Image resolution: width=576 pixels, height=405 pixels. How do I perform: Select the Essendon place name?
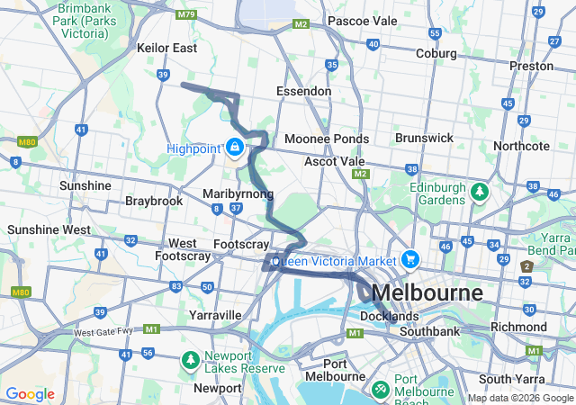pos(303,91)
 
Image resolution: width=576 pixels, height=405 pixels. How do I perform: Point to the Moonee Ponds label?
pos(326,139)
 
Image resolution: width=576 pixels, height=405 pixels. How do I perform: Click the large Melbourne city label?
pos(426,293)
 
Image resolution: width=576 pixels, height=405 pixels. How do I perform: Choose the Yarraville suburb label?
pos(215,315)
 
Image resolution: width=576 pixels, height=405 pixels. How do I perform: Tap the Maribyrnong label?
pos(238,193)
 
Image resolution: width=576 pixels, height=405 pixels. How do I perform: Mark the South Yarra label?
pos(509,379)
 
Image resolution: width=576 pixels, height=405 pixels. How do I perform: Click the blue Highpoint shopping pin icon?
pos(235,146)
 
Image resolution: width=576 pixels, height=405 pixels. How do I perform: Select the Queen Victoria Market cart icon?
pos(410,259)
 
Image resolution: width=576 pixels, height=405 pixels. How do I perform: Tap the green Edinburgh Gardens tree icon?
pos(481,191)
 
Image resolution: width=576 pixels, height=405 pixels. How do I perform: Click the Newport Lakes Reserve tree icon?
pos(190,360)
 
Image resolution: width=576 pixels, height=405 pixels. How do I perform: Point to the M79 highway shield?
pos(187,14)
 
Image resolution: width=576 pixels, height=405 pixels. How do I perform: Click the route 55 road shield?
pos(435,33)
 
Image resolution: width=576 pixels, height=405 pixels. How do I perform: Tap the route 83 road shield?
pos(175,286)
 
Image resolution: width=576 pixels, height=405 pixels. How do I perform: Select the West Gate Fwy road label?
pos(103,332)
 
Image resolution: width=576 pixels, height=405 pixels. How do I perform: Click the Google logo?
pos(30,394)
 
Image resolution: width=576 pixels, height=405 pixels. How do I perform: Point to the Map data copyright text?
pos(520,398)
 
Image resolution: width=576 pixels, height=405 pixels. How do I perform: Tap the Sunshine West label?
pos(49,229)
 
